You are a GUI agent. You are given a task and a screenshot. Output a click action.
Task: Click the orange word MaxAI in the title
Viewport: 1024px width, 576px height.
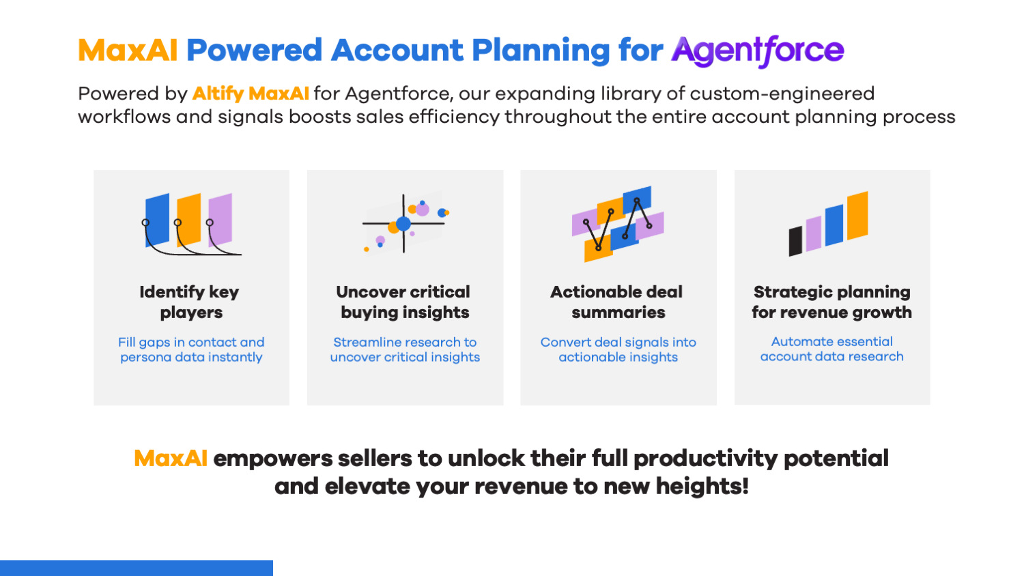pyautogui.click(x=128, y=50)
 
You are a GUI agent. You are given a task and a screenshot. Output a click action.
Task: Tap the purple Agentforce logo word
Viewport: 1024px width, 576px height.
pyautogui.click(x=758, y=51)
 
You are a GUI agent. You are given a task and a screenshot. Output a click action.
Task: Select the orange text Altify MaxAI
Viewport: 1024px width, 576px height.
pyautogui.click(x=251, y=93)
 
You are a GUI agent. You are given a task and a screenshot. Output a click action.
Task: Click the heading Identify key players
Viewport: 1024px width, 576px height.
pyautogui.click(x=190, y=302)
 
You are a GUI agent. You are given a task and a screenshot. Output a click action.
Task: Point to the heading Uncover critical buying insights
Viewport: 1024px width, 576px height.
pyautogui.click(x=404, y=302)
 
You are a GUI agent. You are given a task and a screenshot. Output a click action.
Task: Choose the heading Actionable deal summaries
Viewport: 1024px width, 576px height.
pyautogui.click(x=617, y=302)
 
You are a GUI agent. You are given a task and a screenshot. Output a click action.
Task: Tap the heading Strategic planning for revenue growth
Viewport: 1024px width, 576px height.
pyautogui.click(x=831, y=302)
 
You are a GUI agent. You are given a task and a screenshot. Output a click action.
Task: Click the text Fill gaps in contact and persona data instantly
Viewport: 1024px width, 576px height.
pyautogui.click(x=191, y=349)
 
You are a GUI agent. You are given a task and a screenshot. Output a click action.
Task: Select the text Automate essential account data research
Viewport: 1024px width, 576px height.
pyautogui.click(x=831, y=349)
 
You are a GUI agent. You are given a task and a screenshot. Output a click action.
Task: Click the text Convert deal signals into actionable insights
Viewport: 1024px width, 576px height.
pyautogui.click(x=618, y=349)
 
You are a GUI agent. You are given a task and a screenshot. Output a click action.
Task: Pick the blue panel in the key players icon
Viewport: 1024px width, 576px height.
pyautogui.click(x=157, y=220)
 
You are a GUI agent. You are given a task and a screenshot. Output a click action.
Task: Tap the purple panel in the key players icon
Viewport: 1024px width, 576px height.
pyautogui.click(x=221, y=220)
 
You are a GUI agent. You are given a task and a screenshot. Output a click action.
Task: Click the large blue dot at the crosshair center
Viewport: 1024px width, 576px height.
pyautogui.click(x=403, y=224)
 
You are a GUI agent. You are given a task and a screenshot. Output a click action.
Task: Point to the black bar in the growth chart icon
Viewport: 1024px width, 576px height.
pyautogui.click(x=795, y=241)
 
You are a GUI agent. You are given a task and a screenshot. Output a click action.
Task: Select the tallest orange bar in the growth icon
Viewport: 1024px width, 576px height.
pyautogui.click(x=857, y=215)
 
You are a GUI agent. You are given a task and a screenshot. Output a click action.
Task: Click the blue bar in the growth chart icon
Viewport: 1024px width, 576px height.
pyautogui.click(x=834, y=225)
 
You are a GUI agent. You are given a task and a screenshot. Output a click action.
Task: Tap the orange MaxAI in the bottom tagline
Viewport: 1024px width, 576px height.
pyautogui.click(x=171, y=458)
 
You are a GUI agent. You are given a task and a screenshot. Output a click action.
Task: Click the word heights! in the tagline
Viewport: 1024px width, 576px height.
pyautogui.click(x=702, y=486)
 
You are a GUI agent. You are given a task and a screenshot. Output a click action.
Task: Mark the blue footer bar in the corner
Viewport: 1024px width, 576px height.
pyautogui.click(x=137, y=568)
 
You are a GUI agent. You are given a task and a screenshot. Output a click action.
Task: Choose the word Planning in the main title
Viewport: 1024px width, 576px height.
pyautogui.click(x=541, y=51)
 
